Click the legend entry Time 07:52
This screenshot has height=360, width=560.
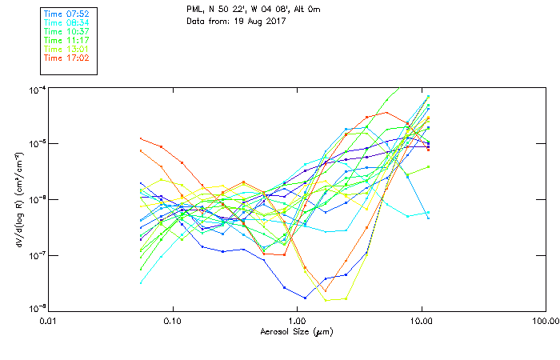point(66,14)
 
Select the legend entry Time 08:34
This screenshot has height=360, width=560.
point(66,23)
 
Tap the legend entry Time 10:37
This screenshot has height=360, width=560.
point(66,32)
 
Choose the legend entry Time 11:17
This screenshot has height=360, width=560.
point(66,41)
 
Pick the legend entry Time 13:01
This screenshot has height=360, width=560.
point(66,50)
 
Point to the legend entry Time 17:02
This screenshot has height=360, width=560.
point(66,58)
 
